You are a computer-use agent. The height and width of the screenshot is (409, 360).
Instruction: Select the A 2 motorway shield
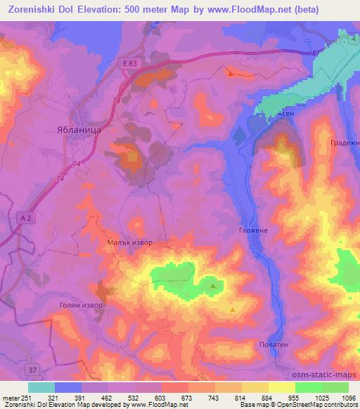(x=26, y=219)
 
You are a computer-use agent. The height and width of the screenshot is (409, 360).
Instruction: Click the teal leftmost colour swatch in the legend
(x=41, y=387)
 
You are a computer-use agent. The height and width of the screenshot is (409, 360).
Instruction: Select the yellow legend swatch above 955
(x=282, y=387)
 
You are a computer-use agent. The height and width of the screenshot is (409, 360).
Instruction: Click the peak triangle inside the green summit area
(x=213, y=285)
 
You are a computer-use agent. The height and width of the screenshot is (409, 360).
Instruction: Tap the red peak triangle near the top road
(x=230, y=72)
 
